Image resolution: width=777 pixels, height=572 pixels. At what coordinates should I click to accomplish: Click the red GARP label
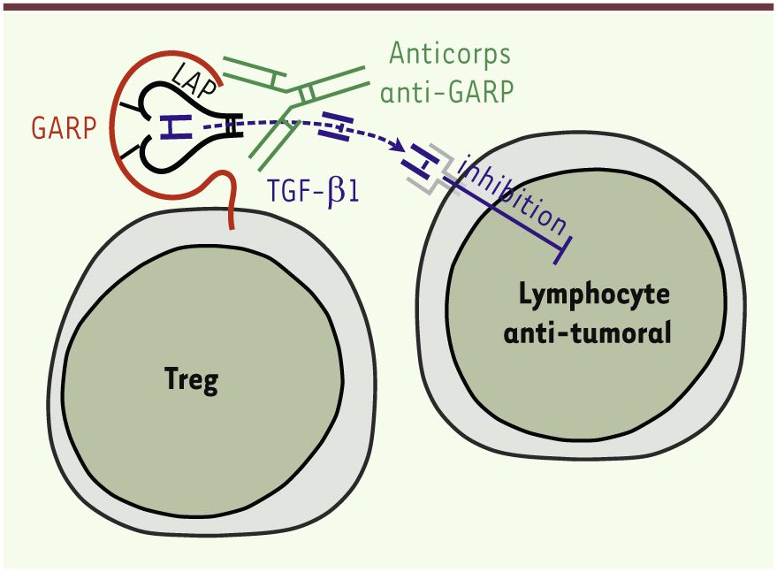(x=65, y=128)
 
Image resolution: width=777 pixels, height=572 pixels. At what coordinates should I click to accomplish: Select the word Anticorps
(x=450, y=55)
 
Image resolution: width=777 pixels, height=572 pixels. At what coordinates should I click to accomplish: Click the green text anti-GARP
(x=450, y=90)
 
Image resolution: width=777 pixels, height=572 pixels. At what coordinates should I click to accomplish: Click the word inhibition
(x=513, y=190)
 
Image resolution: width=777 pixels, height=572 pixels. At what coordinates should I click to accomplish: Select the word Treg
(x=191, y=380)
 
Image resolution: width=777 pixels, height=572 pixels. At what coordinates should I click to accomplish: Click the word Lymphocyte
(x=583, y=294)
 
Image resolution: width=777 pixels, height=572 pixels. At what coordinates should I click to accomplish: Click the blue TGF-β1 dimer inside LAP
(x=176, y=128)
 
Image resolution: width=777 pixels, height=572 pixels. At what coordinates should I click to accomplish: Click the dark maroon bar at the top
(x=388, y=6)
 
